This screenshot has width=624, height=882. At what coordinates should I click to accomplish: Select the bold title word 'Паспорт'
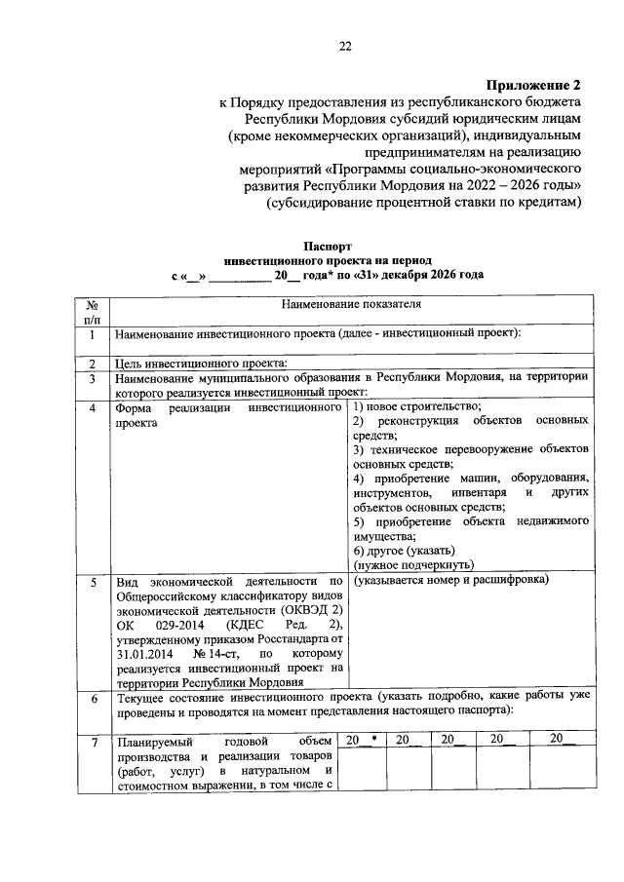[326, 249]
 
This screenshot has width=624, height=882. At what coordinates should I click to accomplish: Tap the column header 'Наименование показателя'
[351, 305]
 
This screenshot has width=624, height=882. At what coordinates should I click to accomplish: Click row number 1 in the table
[93, 335]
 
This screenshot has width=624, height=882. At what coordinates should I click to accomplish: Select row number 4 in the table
[93, 407]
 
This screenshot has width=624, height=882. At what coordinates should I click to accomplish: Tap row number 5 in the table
[93, 582]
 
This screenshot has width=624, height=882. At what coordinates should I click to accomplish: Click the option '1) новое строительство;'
[416, 406]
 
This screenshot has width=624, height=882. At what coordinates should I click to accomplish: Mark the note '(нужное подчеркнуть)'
[413, 564]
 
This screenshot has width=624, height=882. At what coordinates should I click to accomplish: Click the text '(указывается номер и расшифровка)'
[451, 581]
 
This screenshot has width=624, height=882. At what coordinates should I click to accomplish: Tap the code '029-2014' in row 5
[180, 625]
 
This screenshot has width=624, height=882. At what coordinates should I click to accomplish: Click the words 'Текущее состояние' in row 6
[170, 699]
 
